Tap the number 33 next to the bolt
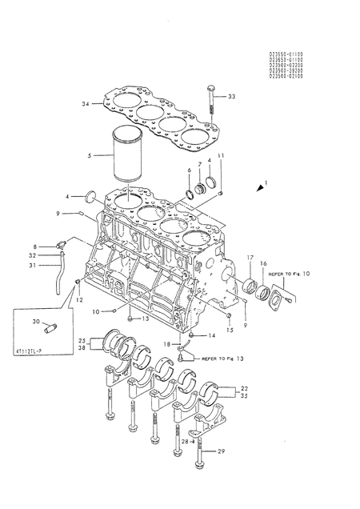point(233,97)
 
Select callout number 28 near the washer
point(183,441)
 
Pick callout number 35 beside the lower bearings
point(245,395)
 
